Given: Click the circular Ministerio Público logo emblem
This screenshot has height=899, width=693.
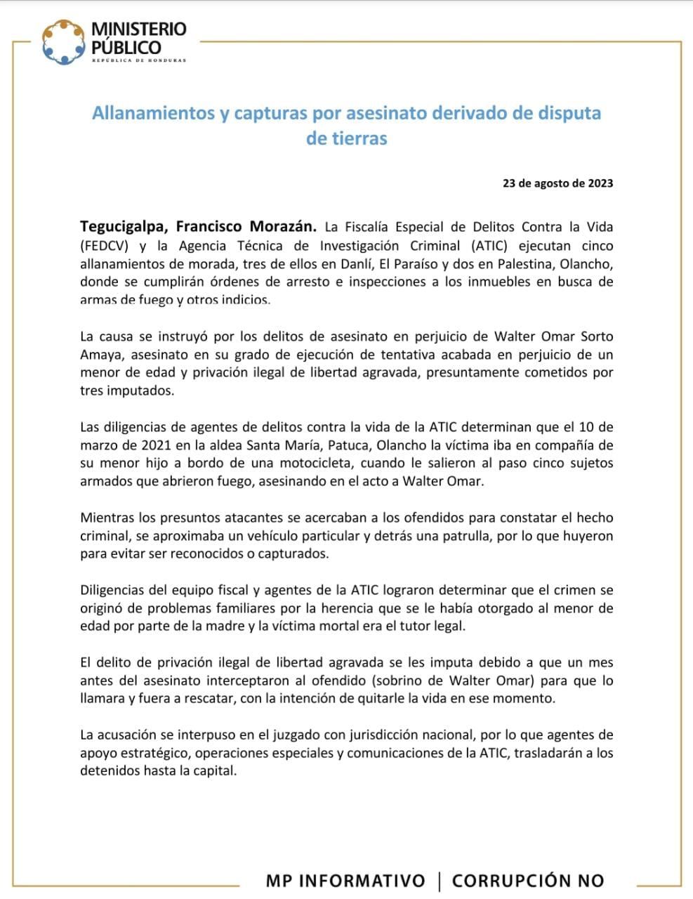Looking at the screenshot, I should pos(62,41).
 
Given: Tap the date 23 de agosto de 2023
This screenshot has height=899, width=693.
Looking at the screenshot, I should pos(557,183).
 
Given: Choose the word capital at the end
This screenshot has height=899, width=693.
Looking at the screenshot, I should pos(217,771).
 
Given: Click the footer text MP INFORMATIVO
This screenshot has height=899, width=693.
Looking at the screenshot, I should pos(345,881).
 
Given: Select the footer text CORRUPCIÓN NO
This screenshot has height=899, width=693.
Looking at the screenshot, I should pos(527,881).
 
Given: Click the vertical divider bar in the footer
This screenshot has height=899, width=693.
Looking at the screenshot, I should pos(439,881).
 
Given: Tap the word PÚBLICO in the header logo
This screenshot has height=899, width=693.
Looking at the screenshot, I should pos(126,48).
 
